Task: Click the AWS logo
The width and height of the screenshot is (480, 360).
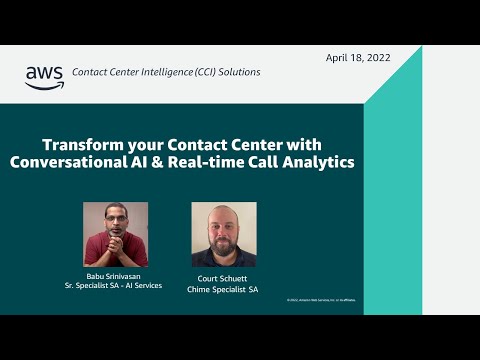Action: point(43,77)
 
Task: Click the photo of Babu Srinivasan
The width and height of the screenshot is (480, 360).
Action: point(115,234)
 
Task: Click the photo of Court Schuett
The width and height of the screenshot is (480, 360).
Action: point(224,234)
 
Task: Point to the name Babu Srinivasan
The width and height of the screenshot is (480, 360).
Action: point(115,275)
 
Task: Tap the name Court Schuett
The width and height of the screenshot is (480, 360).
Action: point(224,279)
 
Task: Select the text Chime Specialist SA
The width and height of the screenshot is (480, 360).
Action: point(224,289)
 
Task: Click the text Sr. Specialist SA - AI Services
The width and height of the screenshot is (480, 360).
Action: point(115,285)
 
